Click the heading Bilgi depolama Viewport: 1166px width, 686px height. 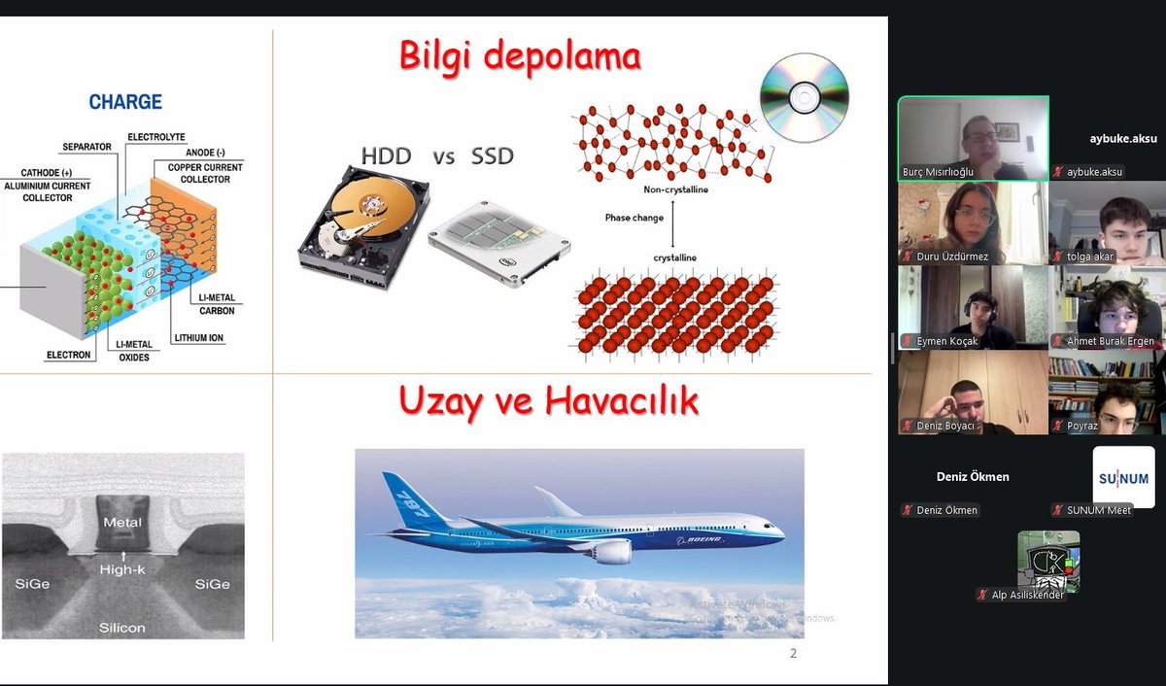[x=520, y=56]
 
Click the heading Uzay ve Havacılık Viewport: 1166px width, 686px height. [x=548, y=401]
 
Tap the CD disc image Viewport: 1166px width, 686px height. [x=804, y=97]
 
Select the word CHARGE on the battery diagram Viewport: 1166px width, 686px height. [x=125, y=102]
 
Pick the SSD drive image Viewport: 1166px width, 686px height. [x=499, y=243]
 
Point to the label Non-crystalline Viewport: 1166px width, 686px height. [x=676, y=189]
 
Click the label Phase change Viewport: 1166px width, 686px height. [x=634, y=218]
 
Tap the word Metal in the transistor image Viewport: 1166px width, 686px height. [x=122, y=523]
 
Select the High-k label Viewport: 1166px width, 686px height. [x=122, y=569]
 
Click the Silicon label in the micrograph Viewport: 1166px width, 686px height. [x=122, y=628]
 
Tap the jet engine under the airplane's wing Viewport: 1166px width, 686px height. [x=611, y=552]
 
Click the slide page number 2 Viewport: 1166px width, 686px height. [x=793, y=654]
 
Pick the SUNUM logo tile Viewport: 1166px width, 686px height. [x=1123, y=476]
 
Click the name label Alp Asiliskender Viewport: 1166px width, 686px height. [x=1026, y=595]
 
